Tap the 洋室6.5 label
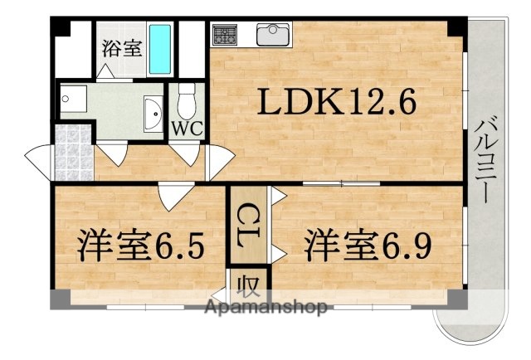coord(141,246)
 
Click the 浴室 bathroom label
coord(121,48)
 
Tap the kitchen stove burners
coord(225,35)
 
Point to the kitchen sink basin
coord(273,35)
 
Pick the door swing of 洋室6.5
coord(171,197)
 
